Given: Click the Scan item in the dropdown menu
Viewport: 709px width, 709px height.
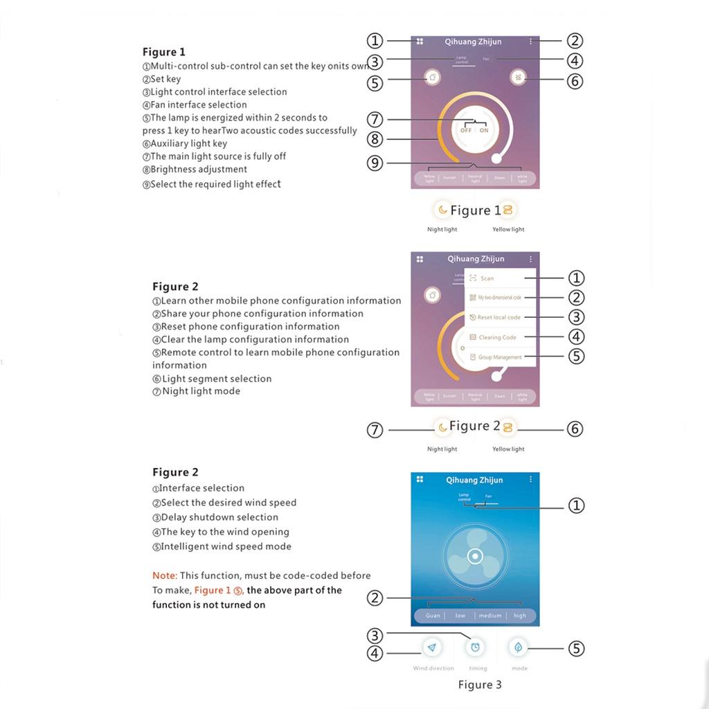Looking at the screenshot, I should [x=487, y=278].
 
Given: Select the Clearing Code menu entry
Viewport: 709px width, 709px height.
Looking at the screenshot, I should [x=497, y=337].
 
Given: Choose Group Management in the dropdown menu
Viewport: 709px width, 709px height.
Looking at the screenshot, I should [x=499, y=357].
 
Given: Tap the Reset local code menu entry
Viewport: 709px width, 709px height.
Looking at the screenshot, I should [x=499, y=317].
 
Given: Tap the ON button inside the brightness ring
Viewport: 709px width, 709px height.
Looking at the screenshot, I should [x=484, y=130].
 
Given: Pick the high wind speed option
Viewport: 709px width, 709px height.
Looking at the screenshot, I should [x=520, y=616].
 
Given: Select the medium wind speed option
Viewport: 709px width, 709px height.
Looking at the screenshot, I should [x=490, y=616].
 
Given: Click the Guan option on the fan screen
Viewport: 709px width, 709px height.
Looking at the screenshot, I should [x=433, y=616].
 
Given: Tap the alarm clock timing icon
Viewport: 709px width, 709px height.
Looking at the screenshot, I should [x=476, y=647].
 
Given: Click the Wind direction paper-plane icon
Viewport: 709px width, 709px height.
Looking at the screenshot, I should [x=433, y=647].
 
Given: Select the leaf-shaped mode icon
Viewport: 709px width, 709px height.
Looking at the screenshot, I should [x=519, y=647].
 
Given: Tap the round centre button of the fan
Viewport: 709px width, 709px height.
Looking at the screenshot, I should [x=474, y=555].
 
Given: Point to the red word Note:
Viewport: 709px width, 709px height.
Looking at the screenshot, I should [x=165, y=575].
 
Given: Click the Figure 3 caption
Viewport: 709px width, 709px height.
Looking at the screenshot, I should [x=480, y=685].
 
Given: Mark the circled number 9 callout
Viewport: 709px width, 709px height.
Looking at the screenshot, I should [x=375, y=164].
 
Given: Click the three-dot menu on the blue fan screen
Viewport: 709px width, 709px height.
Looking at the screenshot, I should [x=531, y=479].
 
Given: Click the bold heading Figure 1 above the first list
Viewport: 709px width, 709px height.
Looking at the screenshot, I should [x=164, y=52].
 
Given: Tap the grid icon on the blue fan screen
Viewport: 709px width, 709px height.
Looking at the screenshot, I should [x=420, y=479].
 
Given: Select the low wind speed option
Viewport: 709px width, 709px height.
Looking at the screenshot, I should [x=460, y=616].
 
